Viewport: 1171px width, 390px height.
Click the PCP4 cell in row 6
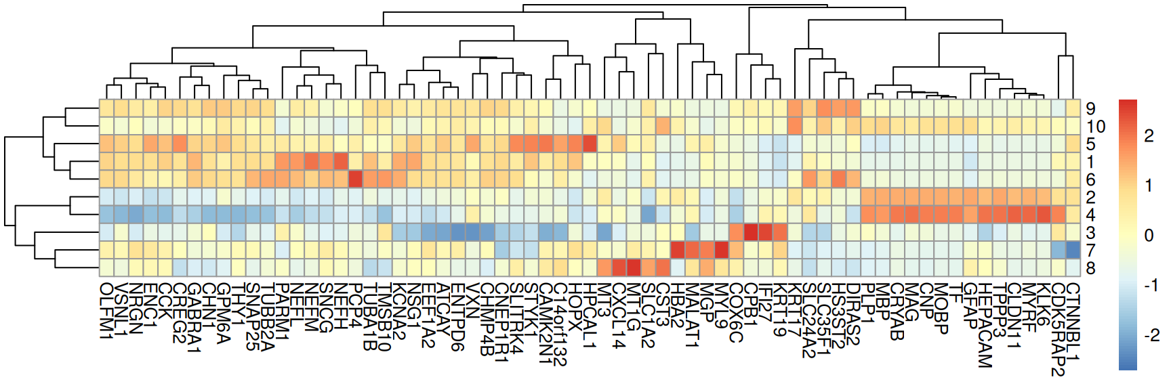click(x=355, y=179)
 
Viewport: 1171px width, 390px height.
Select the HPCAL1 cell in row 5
click(x=590, y=144)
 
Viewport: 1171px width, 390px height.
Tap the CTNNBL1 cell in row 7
click(x=1073, y=250)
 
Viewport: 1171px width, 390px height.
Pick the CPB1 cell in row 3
click(x=751, y=232)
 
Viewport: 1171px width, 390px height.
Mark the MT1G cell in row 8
click(x=634, y=267)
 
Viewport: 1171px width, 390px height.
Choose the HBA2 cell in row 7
click(x=678, y=250)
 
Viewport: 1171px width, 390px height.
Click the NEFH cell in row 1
click(x=341, y=161)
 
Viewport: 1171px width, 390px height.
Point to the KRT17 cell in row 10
click(x=795, y=126)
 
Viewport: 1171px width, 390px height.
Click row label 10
click(x=1096, y=127)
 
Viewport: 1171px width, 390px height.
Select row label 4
click(x=1090, y=215)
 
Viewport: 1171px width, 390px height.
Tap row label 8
click(x=1090, y=268)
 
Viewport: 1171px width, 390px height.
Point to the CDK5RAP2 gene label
click(x=1058, y=328)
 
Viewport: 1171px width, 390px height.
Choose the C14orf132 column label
click(x=560, y=324)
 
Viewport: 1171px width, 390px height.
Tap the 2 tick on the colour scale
click(x=1149, y=136)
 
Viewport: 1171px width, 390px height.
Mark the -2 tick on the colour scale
click(x=1151, y=335)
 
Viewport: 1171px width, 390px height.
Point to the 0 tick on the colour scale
click(x=1149, y=236)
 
